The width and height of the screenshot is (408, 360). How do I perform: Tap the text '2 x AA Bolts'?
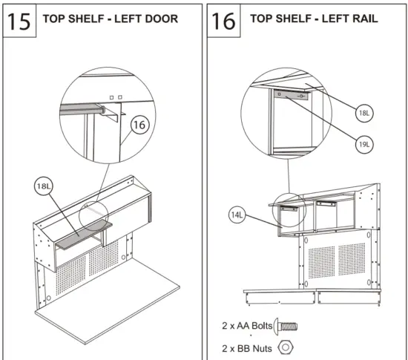tap(247, 325)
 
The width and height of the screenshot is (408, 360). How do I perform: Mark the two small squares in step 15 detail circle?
tap(114, 97)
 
